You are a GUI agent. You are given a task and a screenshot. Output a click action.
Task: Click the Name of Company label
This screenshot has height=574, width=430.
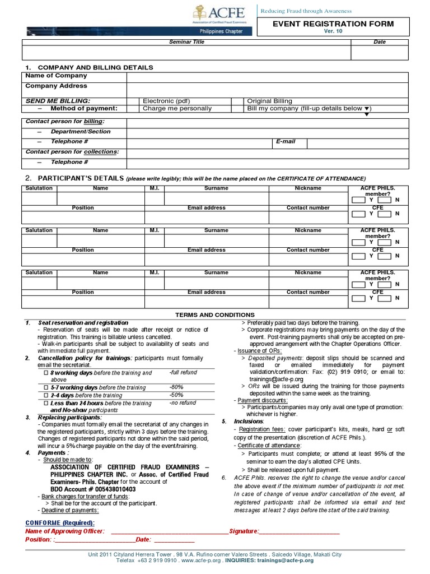pyautogui.click(x=56, y=76)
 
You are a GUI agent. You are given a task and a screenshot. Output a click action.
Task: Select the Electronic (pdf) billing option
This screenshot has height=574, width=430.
pyautogui.click(x=166, y=101)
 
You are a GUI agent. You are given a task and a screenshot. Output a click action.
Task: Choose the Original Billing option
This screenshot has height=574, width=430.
pyautogui.click(x=271, y=101)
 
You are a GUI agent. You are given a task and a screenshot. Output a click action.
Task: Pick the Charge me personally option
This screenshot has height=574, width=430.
pyautogui.click(x=177, y=109)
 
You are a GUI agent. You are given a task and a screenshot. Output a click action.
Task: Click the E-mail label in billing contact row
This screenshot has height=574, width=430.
pyautogui.click(x=286, y=142)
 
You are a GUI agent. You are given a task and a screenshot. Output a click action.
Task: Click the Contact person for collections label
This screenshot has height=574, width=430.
pyautogui.click(x=72, y=152)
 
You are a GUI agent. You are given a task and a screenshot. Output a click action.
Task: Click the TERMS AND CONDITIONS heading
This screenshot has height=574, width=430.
pyautogui.click(x=215, y=315)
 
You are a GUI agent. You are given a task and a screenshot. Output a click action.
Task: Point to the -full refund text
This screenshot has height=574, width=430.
pyautogui.click(x=183, y=373)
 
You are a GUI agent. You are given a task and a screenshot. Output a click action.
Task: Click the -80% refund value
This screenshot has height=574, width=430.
pyautogui.click(x=176, y=387)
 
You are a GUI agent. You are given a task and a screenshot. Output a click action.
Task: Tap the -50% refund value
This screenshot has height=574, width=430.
pyautogui.click(x=176, y=395)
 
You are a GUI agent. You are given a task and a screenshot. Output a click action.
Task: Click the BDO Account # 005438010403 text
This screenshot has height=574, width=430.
pyautogui.click(x=93, y=489)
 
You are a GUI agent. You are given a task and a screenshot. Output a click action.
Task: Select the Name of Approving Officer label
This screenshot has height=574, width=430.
pyautogui.click(x=64, y=531)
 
